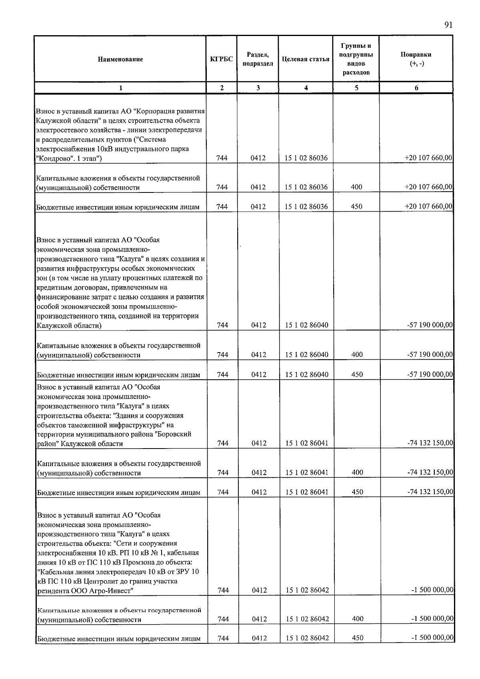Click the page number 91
(448, 25)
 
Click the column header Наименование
(120, 59)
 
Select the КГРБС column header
(222, 59)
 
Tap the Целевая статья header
(306, 59)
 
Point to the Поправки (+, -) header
(416, 59)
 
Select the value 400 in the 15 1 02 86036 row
(356, 187)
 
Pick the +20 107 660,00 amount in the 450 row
(428, 206)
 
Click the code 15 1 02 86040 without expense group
(306, 325)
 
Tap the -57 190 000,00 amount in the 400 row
(430, 355)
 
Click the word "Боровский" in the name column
(174, 434)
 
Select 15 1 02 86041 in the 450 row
(307, 492)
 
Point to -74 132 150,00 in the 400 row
(430, 473)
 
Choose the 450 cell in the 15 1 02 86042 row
(357, 638)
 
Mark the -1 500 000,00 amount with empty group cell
(432, 590)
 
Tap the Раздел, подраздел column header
(258, 59)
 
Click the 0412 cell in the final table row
(259, 638)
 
